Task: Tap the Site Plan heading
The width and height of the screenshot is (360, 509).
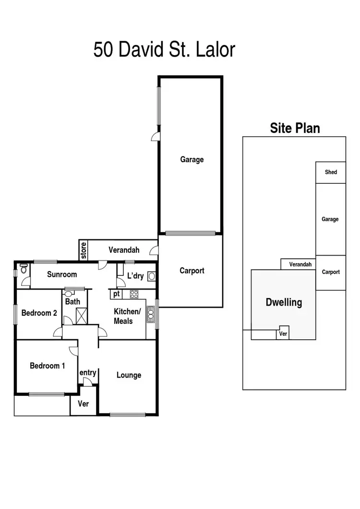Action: point(295,128)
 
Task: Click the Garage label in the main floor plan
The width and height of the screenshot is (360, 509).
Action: point(192,160)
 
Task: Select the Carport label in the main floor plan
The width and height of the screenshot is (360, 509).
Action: point(192,271)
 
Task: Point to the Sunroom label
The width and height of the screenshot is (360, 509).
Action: point(62,274)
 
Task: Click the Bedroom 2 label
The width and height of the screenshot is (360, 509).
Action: point(39,313)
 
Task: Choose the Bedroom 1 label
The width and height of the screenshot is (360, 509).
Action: point(48,366)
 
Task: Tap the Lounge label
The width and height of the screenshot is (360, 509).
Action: point(129,375)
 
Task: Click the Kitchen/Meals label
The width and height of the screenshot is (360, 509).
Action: point(127,316)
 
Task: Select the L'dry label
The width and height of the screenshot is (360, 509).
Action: point(135,276)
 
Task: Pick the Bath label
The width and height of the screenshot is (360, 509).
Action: point(72,302)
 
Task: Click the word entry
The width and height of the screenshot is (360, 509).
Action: point(88,373)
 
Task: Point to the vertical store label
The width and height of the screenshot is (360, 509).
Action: point(84,250)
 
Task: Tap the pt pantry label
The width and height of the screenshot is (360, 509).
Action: point(116,294)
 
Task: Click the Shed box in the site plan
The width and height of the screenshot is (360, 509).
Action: point(331,172)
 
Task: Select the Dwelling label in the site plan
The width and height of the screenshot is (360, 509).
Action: point(284,303)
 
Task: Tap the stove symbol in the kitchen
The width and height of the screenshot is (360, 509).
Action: point(133,295)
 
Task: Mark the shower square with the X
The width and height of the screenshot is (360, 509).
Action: point(81,316)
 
